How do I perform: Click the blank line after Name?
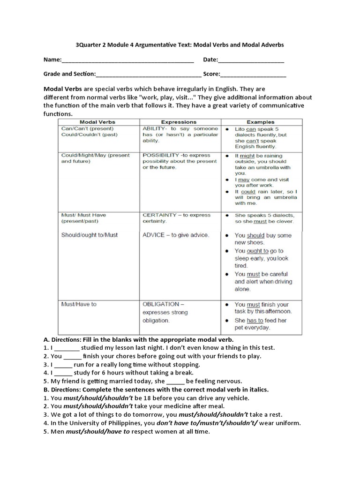point(127,60)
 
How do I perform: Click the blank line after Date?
point(251,60)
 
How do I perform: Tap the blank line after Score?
point(253,74)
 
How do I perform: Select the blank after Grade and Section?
point(149,74)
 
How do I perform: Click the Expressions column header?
point(180,122)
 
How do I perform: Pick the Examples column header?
point(261,122)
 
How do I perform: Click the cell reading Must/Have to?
point(79,304)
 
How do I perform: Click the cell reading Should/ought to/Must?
point(90,235)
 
